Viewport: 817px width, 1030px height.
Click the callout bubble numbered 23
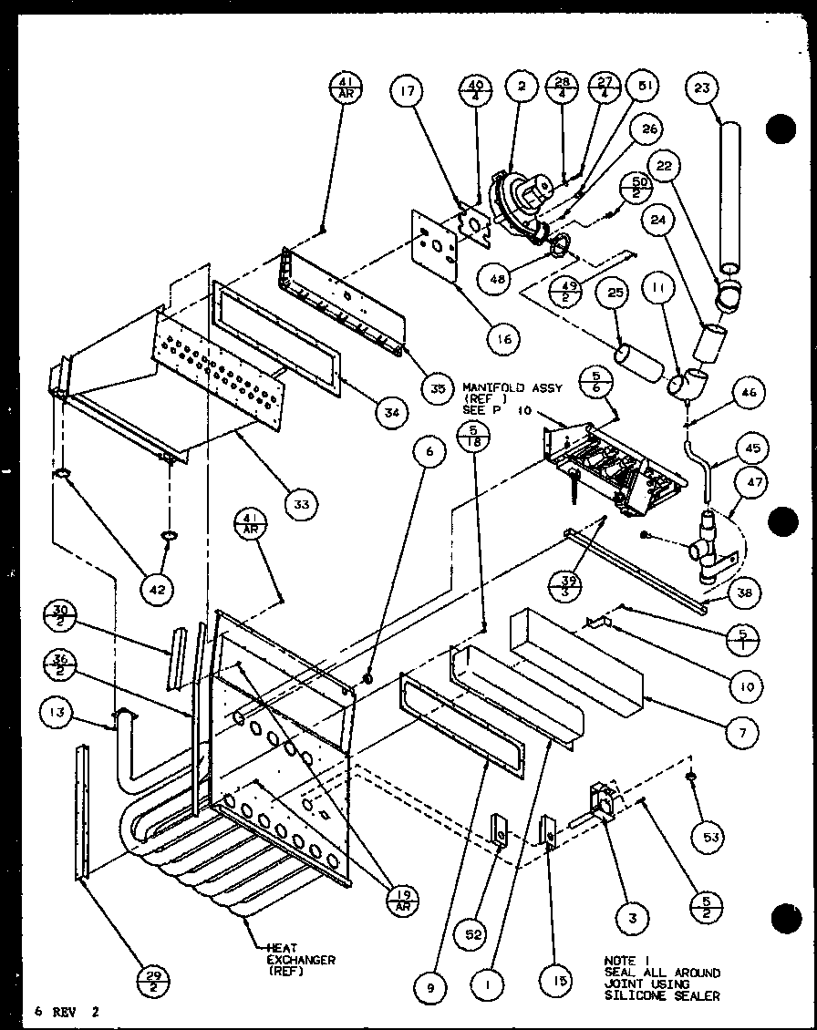tap(706, 88)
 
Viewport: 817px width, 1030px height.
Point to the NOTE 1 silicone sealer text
tap(661, 978)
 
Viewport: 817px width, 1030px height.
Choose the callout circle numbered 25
tap(615, 296)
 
